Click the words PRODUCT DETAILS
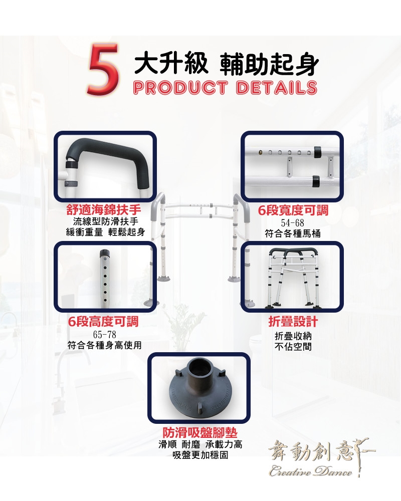225,87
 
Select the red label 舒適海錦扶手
104,210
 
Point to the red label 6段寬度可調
293,210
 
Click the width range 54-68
292,223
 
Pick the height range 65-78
105,335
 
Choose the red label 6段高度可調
103,322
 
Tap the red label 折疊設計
293,322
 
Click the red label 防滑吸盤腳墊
200,433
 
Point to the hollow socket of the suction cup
198,367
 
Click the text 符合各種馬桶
293,233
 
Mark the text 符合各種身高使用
105,345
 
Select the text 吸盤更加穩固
200,455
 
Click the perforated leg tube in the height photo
104,279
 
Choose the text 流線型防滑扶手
105,221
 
